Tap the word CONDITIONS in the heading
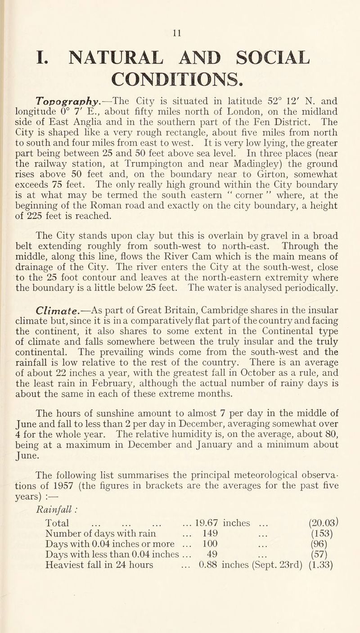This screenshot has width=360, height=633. point(179,72)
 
